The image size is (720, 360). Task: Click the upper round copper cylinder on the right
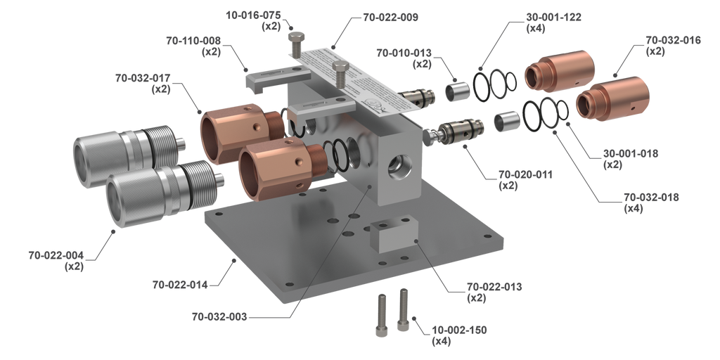[x=560, y=73]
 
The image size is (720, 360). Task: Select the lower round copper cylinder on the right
[x=609, y=99]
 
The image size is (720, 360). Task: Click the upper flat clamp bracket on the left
[x=267, y=76]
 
